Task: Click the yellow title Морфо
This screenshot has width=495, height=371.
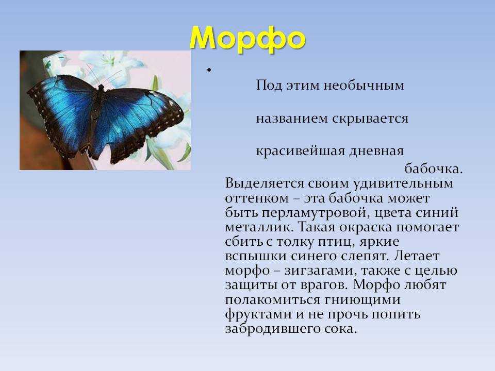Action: tap(247, 39)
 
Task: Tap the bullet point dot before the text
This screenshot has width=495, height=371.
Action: tap(209, 70)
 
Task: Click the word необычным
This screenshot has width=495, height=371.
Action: tap(364, 86)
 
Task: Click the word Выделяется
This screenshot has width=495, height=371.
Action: tap(265, 183)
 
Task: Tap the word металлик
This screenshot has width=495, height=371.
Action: tap(259, 227)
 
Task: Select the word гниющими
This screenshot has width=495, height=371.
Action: tap(362, 300)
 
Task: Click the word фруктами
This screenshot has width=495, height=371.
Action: tap(258, 314)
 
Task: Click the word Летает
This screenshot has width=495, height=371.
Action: tap(417, 256)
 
